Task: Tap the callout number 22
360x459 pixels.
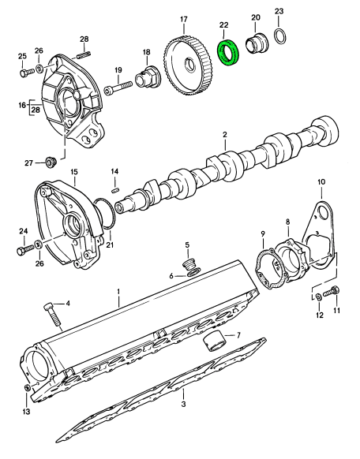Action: click(223, 25)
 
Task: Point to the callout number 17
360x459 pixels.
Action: click(184, 19)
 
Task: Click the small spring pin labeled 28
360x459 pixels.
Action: click(84, 54)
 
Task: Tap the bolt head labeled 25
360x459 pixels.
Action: click(25, 73)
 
